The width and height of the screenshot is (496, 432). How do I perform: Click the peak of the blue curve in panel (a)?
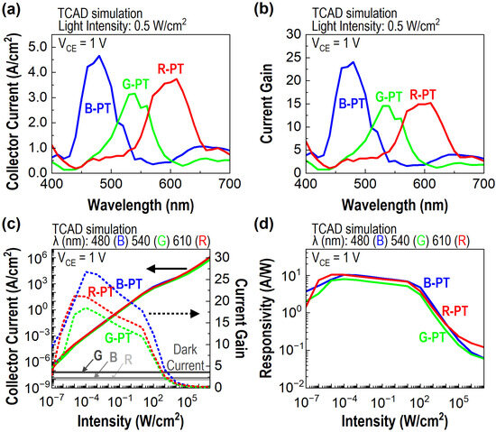(99, 57)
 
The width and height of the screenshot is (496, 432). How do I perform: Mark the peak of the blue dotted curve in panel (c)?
(87, 271)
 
